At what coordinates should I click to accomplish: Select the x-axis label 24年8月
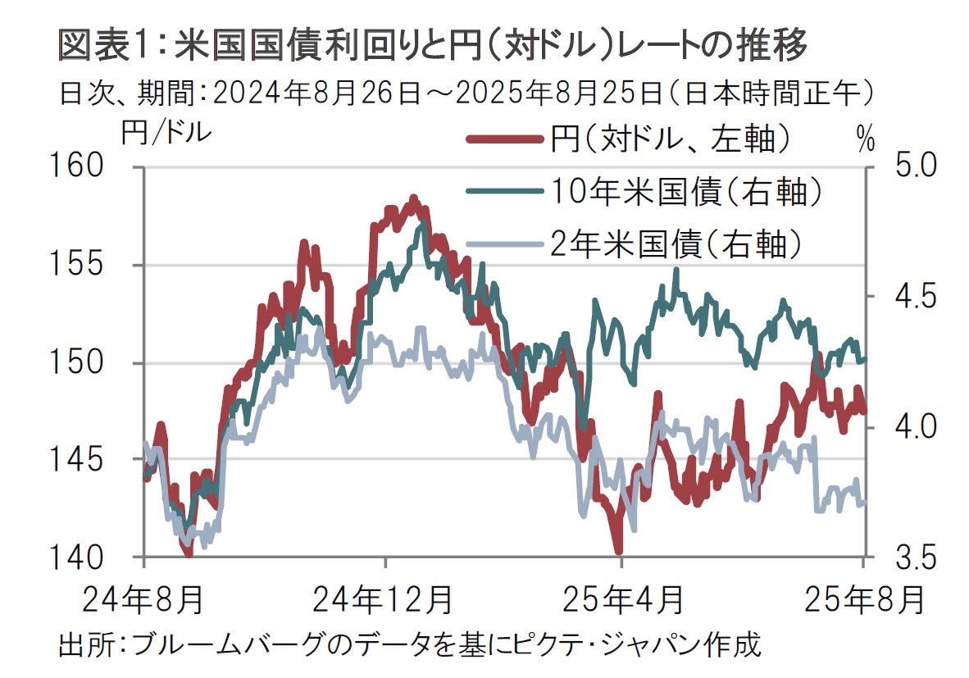pyautogui.click(x=143, y=600)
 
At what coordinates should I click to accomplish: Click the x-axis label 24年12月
pyautogui.click(x=384, y=600)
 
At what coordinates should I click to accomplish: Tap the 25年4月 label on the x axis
pyautogui.click(x=622, y=600)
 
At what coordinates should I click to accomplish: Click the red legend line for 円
pyautogui.click(x=505, y=140)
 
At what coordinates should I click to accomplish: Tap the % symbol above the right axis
pyautogui.click(x=865, y=140)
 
